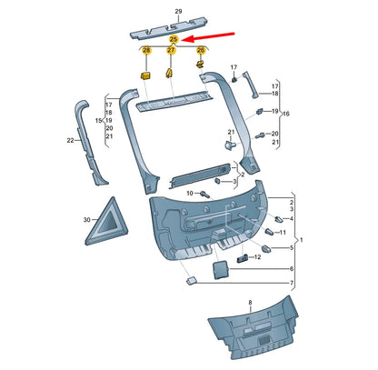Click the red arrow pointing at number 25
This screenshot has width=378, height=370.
[211, 36]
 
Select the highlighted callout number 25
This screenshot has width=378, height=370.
[173, 41]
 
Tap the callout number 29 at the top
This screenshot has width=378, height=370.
[178, 9]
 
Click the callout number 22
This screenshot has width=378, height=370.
[70, 140]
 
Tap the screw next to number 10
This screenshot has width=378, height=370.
[206, 195]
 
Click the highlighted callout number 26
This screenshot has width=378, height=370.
[201, 51]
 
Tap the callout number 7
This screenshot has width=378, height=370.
[291, 285]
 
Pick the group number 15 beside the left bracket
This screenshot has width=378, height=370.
[96, 120]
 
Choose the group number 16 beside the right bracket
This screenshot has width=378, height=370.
[285, 113]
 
